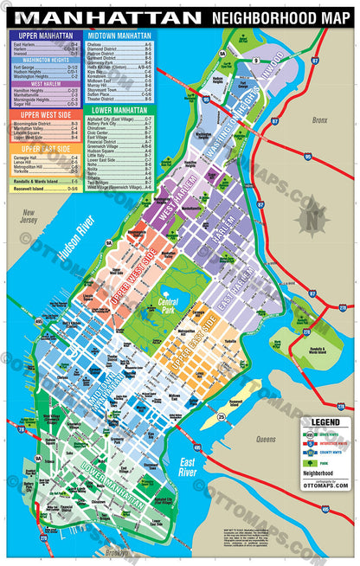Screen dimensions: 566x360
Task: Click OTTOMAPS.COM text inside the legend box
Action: [x=325, y=486]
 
